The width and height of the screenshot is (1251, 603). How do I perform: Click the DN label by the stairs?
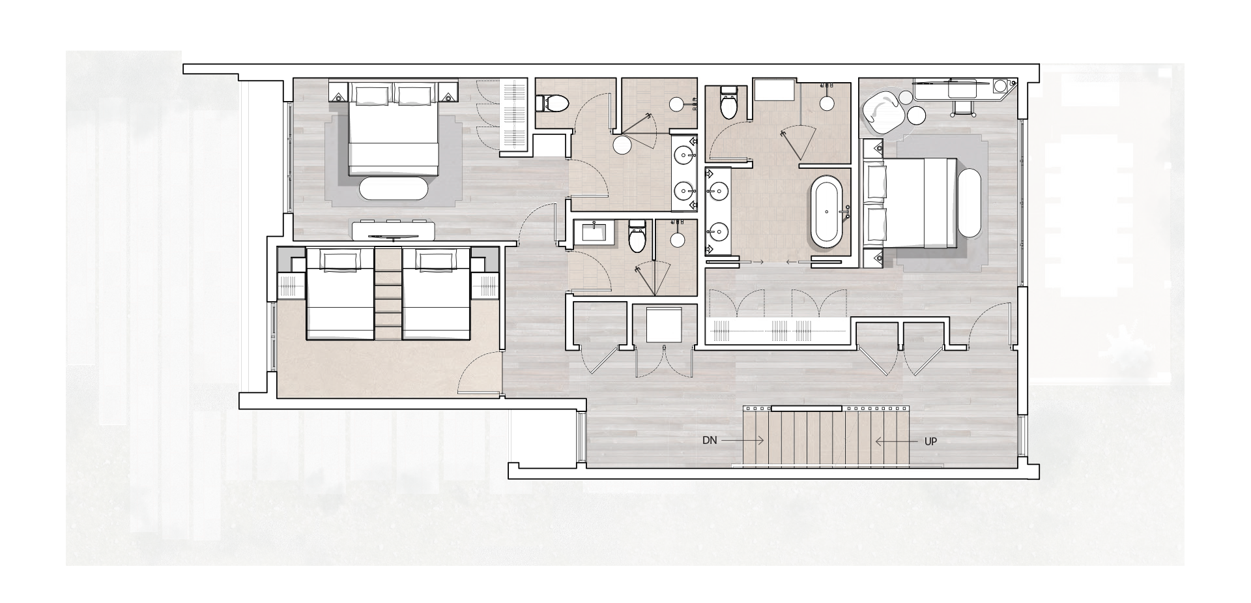pyautogui.click(x=709, y=441)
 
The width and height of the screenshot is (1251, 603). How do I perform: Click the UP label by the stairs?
pyautogui.click(x=930, y=441)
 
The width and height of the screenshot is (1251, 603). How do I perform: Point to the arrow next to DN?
pyautogui.click(x=743, y=441)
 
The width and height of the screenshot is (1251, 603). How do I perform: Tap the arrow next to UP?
pyautogui.click(x=895, y=441)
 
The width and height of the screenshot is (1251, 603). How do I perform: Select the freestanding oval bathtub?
pyautogui.click(x=827, y=211)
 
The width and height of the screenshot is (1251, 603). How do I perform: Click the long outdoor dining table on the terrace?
pyautogui.click(x=1087, y=215)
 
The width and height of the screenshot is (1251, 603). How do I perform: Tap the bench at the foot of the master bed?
pyautogui.click(x=969, y=203)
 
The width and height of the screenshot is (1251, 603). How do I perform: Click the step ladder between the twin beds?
pyautogui.click(x=388, y=297)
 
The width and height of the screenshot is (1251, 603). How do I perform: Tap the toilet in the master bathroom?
pyautogui.click(x=728, y=104)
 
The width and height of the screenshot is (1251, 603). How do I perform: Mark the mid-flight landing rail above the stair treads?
pyautogui.click(x=807, y=409)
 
